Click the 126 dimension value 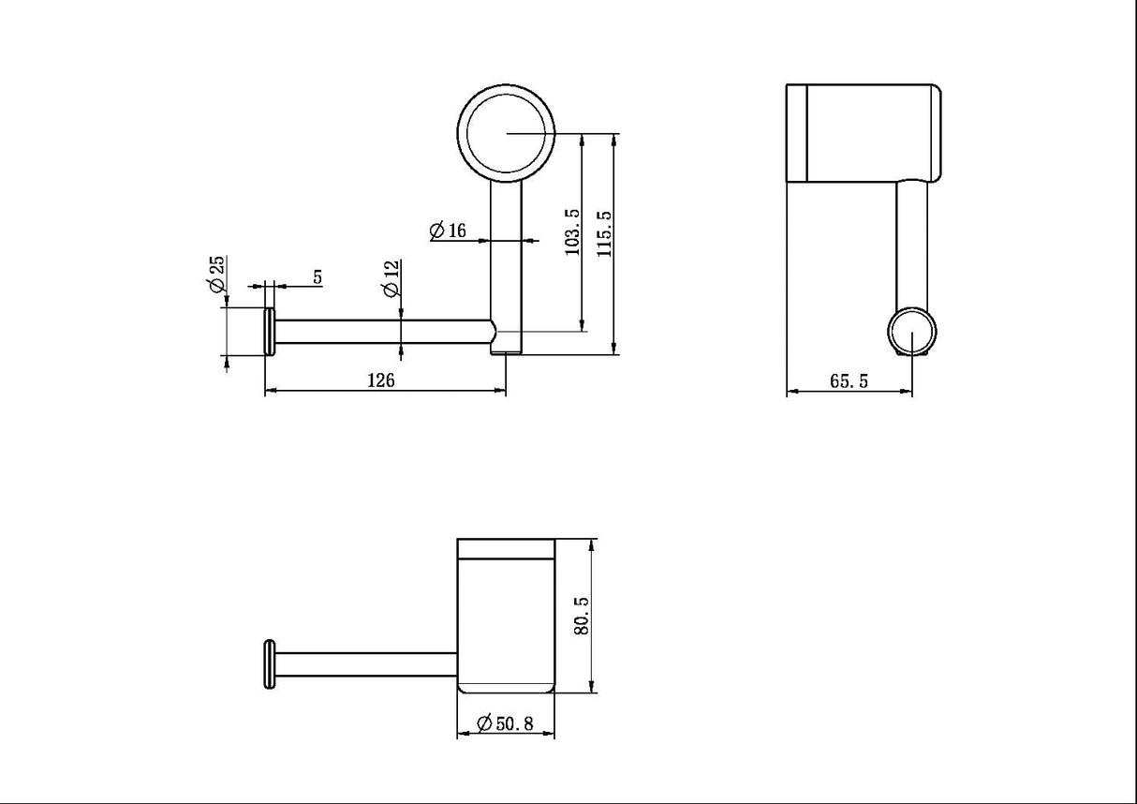(381, 380)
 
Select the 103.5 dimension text (573, 232)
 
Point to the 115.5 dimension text (604, 233)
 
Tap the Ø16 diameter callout (448, 231)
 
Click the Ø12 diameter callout (391, 278)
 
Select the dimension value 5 (317, 277)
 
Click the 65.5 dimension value (849, 380)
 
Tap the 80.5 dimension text (580, 616)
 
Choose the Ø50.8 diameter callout (506, 722)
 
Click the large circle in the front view (506, 133)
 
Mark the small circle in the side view (911, 333)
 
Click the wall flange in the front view (270, 332)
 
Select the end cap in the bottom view (270, 664)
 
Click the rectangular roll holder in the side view (863, 132)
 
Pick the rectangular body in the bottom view (506, 616)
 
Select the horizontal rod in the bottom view (365, 664)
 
